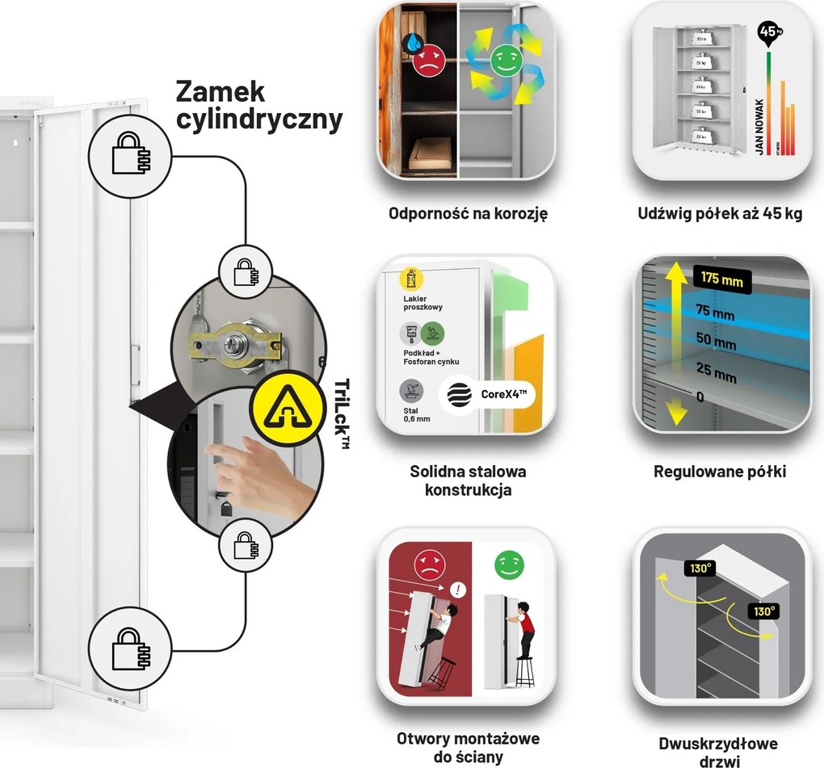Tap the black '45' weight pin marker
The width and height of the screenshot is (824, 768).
767,32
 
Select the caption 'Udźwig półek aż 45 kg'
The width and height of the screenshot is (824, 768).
719,215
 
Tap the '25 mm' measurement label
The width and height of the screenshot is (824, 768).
716,374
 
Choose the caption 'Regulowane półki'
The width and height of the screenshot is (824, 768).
720,472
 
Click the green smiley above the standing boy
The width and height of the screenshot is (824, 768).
509,565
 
